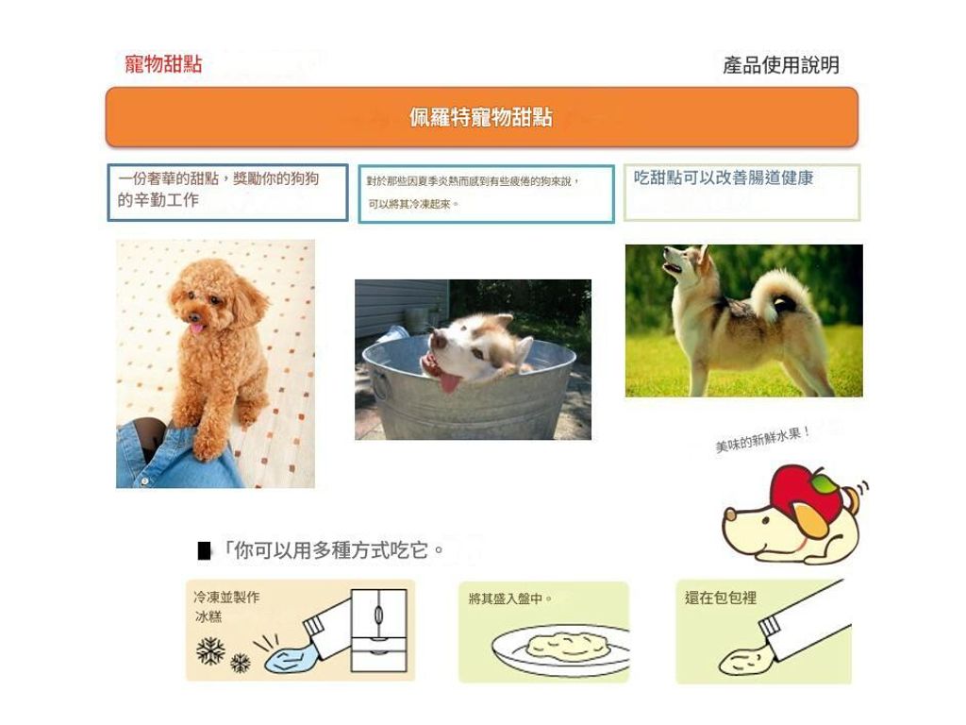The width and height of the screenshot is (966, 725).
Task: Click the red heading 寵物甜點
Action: pyautogui.click(x=163, y=63)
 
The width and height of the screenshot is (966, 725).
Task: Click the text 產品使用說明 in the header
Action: pyautogui.click(x=780, y=65)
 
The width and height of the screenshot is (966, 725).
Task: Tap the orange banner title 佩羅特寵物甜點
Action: pyautogui.click(x=481, y=117)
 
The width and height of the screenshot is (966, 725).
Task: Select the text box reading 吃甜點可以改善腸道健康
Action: pyautogui.click(x=741, y=193)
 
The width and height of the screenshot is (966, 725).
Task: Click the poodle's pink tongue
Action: pyautogui.click(x=196, y=328)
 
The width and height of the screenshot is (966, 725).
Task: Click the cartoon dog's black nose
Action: pyautogui.click(x=728, y=513)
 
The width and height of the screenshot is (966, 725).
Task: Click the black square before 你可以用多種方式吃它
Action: pyautogui.click(x=204, y=550)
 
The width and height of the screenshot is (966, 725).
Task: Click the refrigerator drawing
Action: pyautogui.click(x=379, y=630)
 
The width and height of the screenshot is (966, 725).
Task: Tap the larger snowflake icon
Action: pyautogui.click(x=210, y=651)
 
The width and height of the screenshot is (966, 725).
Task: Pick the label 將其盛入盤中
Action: pyautogui.click(x=509, y=599)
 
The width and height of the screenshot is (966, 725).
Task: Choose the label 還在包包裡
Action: pyautogui.click(x=720, y=598)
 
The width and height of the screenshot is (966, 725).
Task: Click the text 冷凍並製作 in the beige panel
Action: pyautogui.click(x=226, y=597)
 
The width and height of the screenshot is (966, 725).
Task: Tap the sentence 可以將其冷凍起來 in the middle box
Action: pyautogui.click(x=413, y=204)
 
